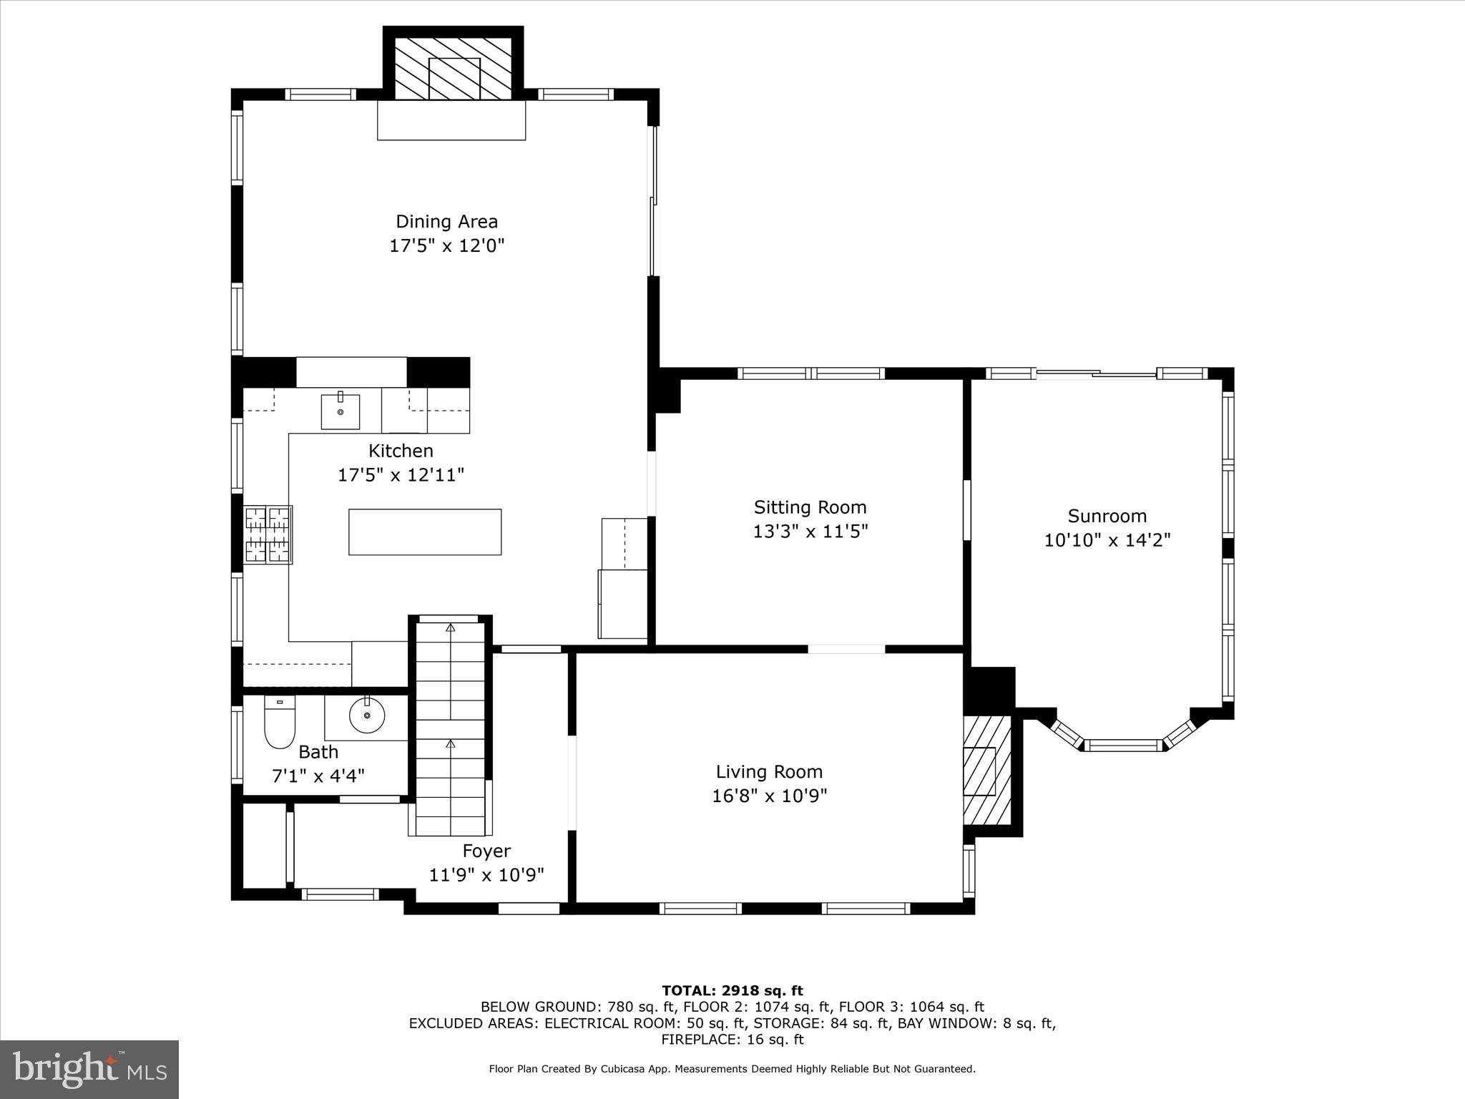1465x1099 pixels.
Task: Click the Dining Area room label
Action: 446,222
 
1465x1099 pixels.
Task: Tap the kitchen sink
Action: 340,411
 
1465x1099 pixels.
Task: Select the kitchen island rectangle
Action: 425,532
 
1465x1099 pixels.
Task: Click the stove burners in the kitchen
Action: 268,535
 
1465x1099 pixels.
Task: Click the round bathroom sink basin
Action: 367,715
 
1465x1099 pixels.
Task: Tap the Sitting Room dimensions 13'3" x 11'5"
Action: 810,532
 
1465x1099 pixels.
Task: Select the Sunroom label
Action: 1107,516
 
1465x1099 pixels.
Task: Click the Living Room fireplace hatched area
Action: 987,770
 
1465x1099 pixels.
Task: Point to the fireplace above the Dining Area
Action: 454,69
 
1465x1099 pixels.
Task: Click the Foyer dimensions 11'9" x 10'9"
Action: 486,874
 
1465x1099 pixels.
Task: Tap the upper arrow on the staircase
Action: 450,628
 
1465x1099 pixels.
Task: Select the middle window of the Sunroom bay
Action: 1122,746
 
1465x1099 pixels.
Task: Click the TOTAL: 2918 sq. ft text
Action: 732,991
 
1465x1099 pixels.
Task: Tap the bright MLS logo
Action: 89,1069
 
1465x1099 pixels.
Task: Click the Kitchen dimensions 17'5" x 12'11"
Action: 401,474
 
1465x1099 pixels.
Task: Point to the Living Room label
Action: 769,772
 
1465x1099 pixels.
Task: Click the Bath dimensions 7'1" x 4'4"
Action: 318,776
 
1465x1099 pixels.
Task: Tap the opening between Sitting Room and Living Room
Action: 846,649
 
